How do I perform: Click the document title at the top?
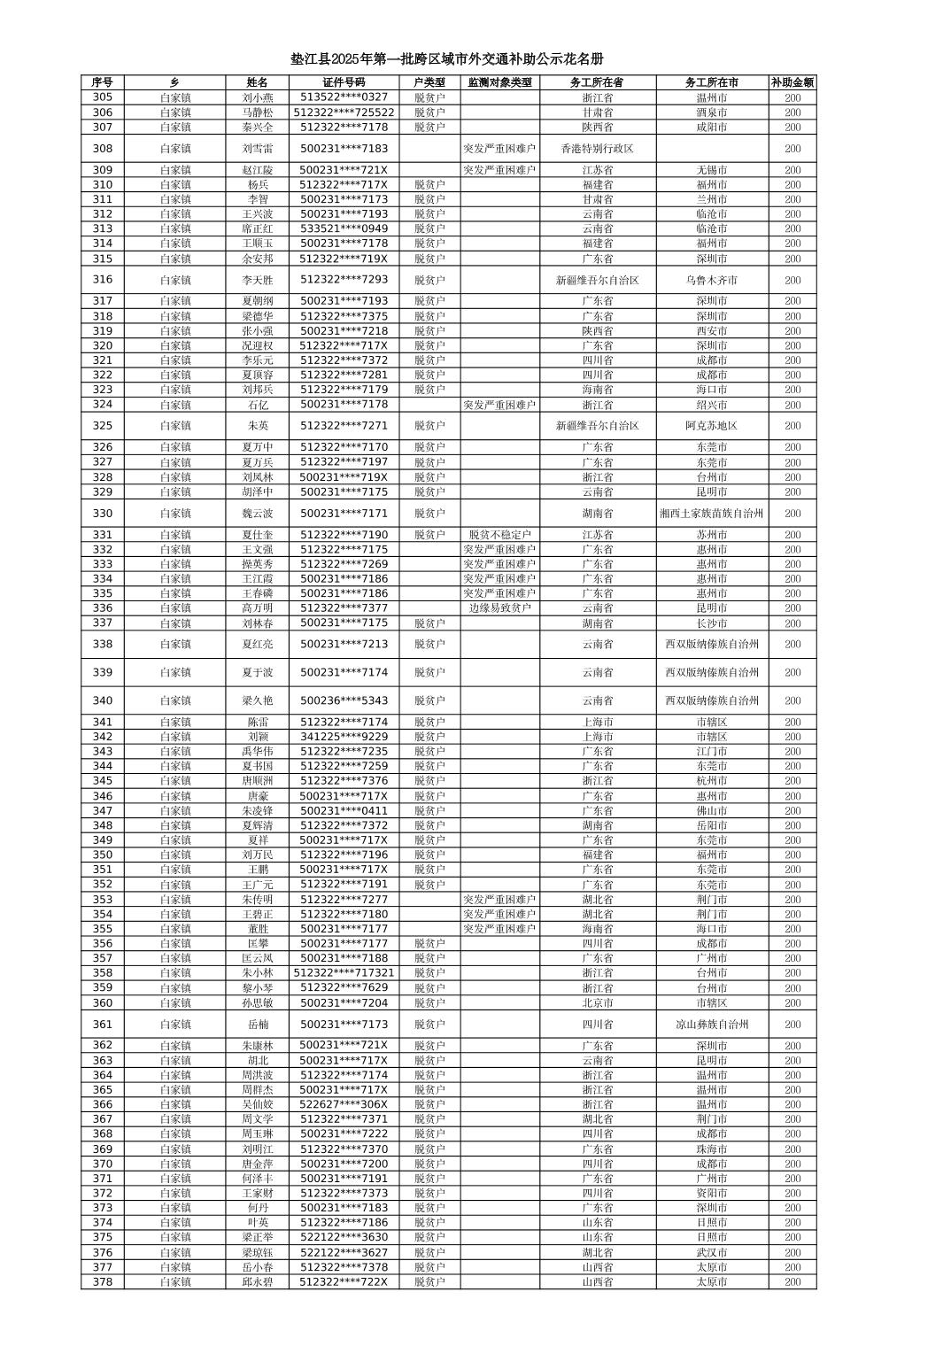pyautogui.click(x=447, y=59)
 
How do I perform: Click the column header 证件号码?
pyautogui.click(x=344, y=82)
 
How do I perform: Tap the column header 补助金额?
pyautogui.click(x=792, y=82)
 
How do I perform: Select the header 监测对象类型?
pyautogui.click(x=499, y=82)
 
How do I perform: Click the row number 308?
pyautogui.click(x=103, y=149)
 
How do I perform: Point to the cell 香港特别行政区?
pyautogui.click(x=597, y=149)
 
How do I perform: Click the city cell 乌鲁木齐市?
pyautogui.click(x=711, y=280)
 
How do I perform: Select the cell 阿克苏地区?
pyautogui.click(x=711, y=426)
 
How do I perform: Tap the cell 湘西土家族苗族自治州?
pyautogui.click(x=711, y=514)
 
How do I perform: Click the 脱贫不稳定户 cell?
pyautogui.click(x=499, y=535)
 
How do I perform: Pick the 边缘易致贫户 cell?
pyautogui.click(x=499, y=608)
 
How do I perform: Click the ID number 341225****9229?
pyautogui.click(x=344, y=737)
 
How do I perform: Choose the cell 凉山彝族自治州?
pyautogui.click(x=711, y=1025)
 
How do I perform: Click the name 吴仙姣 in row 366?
pyautogui.click(x=258, y=1104)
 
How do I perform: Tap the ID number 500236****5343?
pyautogui.click(x=344, y=700)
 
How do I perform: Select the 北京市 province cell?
pyautogui.click(x=597, y=1003)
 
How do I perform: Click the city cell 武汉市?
pyautogui.click(x=711, y=1253)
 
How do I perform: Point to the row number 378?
pyautogui.click(x=103, y=1282)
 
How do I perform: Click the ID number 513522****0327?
pyautogui.click(x=344, y=97)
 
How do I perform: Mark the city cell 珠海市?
pyautogui.click(x=711, y=1149)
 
